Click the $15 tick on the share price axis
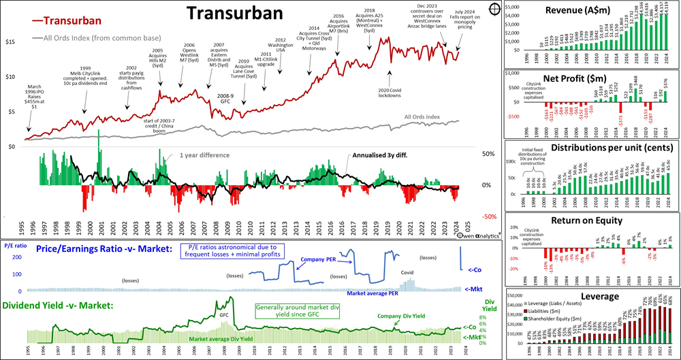10,42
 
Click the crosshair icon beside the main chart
493,10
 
